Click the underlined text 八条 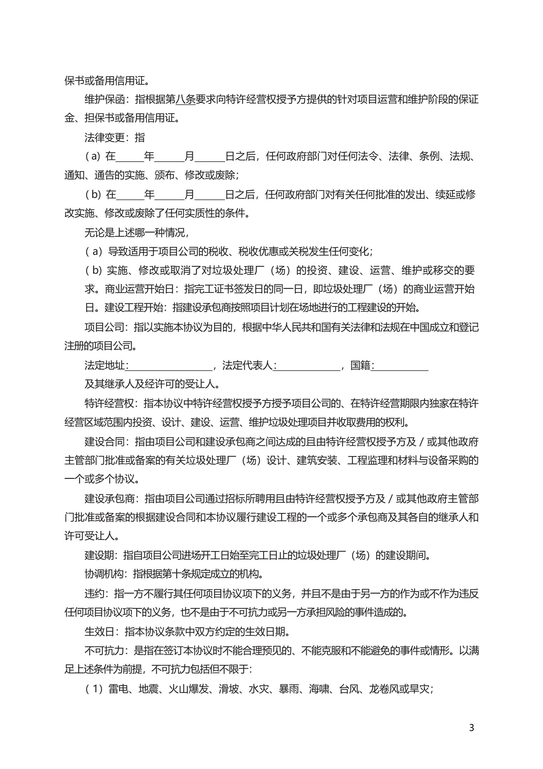tap(186, 99)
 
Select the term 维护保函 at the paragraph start tap(104, 99)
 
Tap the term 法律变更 tap(104, 137)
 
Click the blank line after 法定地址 tap(169, 366)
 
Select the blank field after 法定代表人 tap(308, 366)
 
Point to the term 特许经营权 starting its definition tap(109, 403)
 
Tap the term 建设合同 tap(104, 442)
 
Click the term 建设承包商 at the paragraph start tap(109, 499)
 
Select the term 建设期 tap(99, 555)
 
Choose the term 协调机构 tap(104, 574)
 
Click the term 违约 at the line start tap(94, 594)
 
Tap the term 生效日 tap(99, 632)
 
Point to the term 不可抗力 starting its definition tap(104, 651)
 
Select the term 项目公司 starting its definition tap(104, 327)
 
